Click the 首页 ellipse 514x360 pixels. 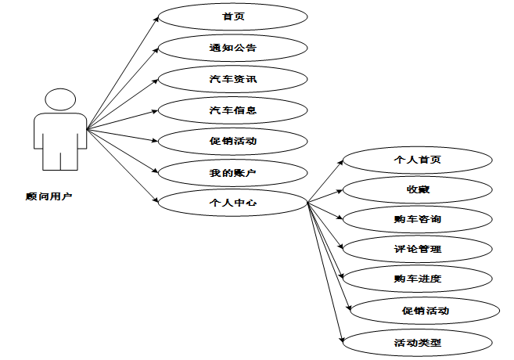(x=232, y=16)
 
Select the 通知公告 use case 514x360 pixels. (x=232, y=47)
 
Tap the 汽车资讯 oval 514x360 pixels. (x=232, y=78)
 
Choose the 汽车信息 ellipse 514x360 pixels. (x=232, y=110)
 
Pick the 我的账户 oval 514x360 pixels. (x=232, y=171)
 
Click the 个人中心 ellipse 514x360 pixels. (x=232, y=203)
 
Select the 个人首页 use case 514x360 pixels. (x=417, y=159)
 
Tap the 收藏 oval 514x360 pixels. (x=417, y=189)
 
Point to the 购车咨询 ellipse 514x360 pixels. (x=417, y=219)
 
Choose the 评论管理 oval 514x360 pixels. (x=417, y=249)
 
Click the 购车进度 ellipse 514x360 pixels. (x=417, y=279)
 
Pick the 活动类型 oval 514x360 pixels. (x=417, y=341)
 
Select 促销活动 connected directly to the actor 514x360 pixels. (x=232, y=141)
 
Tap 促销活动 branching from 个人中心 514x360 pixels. (x=422, y=310)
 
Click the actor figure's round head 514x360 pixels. (x=61, y=100)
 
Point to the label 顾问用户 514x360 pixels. (x=49, y=196)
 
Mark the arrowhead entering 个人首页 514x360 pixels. (x=341, y=161)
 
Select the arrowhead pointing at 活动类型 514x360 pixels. (x=341, y=340)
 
